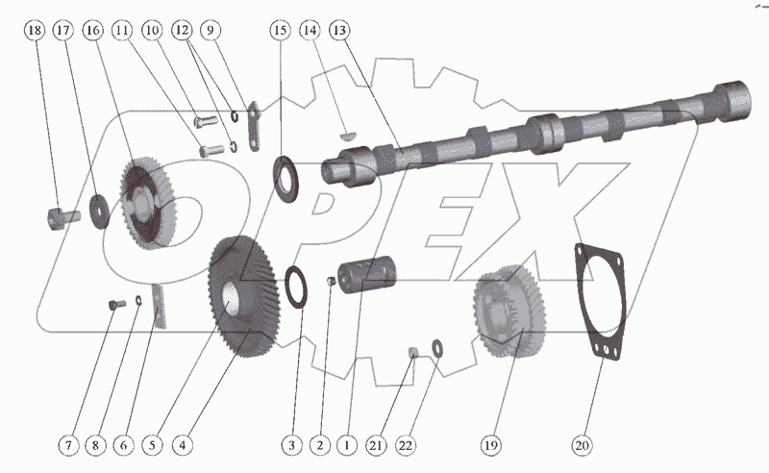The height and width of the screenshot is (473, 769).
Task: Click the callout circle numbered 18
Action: click(35, 32)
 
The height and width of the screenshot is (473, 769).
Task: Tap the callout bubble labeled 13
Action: click(338, 32)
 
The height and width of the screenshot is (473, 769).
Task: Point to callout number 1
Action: click(347, 445)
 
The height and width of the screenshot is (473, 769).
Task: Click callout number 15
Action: click(280, 32)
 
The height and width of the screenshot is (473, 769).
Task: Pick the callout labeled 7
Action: click(68, 445)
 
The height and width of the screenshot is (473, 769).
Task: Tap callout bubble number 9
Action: click(210, 32)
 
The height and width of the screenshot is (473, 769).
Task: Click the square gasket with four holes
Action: click(603, 303)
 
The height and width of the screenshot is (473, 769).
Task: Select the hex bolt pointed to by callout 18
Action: click(58, 216)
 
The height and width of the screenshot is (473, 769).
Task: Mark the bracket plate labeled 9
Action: click(253, 129)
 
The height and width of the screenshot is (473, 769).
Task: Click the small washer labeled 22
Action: click(437, 346)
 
